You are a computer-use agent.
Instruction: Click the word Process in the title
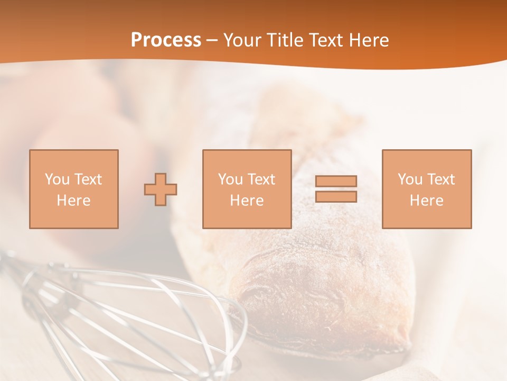[x=166, y=40]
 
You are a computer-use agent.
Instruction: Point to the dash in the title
[x=212, y=41]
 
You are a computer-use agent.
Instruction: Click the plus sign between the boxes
[x=161, y=189]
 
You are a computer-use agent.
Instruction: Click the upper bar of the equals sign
[x=336, y=181]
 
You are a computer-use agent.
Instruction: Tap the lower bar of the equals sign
[x=336, y=196]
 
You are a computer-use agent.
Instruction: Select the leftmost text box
[x=74, y=189]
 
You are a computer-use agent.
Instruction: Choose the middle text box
[x=247, y=189]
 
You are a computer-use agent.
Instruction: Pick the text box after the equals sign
[x=426, y=189]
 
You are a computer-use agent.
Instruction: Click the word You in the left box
[x=57, y=179]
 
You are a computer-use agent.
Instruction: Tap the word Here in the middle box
[x=247, y=201]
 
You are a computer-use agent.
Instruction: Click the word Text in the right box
[x=442, y=179]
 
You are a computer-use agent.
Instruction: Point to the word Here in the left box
[x=74, y=201]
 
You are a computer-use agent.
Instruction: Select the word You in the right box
[x=410, y=179]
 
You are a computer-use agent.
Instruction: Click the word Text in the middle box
[x=262, y=179]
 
